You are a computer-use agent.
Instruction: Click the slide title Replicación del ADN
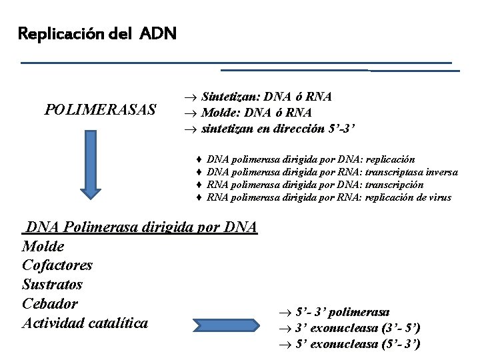(x=97, y=33)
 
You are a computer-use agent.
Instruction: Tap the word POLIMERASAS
(x=101, y=109)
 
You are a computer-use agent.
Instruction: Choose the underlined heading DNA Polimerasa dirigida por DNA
(x=140, y=227)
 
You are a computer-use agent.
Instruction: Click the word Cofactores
(x=57, y=265)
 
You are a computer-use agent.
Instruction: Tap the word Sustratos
(x=53, y=285)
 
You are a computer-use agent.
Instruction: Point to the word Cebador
(x=50, y=304)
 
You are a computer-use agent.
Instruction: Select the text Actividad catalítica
(x=85, y=324)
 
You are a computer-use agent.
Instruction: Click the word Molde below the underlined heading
(x=43, y=247)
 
